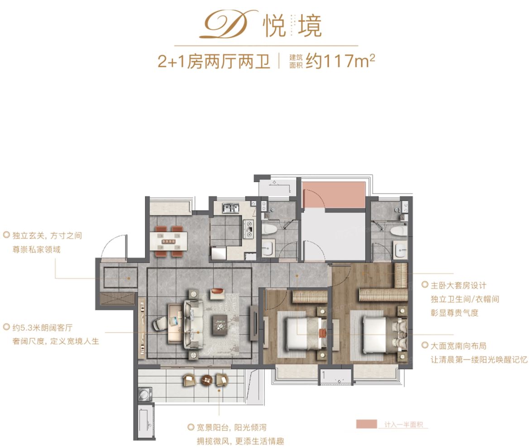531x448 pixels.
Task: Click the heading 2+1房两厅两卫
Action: (214, 61)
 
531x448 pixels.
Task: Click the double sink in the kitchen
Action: (232, 209)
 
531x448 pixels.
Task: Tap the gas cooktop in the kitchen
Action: (249, 229)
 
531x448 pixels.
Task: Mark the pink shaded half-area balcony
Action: (334, 194)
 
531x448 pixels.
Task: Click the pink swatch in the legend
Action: (366, 424)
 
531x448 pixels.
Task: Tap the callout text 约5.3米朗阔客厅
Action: (38, 327)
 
